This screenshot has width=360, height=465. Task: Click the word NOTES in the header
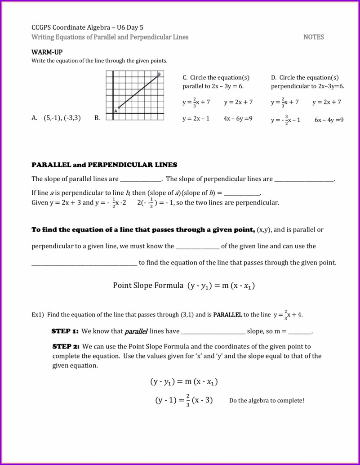pos(313,37)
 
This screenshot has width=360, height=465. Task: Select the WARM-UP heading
pos(47,52)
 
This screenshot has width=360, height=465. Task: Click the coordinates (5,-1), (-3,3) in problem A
pos(62,118)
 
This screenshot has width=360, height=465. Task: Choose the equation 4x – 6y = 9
pos(238,119)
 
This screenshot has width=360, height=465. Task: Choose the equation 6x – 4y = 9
pos(329,120)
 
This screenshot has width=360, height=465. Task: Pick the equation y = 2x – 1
pos(196,119)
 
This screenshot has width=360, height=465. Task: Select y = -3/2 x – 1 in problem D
pos(285,120)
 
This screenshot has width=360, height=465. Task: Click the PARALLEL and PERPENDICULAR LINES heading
pos(104,165)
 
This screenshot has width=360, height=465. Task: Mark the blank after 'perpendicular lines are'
pos(304,179)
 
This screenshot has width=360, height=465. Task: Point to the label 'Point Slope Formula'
pos(148,286)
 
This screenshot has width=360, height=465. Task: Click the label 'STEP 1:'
pos(65,331)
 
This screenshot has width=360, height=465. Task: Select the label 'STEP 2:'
pos(66,347)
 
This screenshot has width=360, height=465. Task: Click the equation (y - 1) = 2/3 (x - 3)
pos(184,400)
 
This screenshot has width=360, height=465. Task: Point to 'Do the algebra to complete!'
pos(267,401)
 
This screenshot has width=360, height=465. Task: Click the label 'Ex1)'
pos(38,315)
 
